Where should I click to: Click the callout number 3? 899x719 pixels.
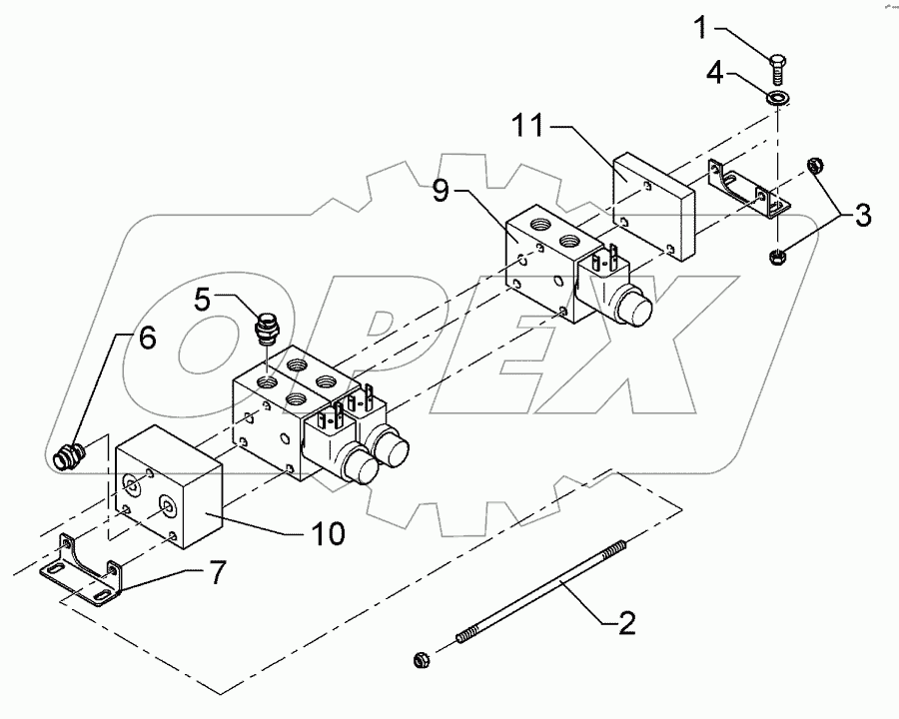(x=861, y=214)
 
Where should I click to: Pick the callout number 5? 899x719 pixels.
(x=202, y=298)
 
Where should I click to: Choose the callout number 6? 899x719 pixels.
(x=146, y=339)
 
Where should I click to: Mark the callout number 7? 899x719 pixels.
(x=216, y=573)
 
